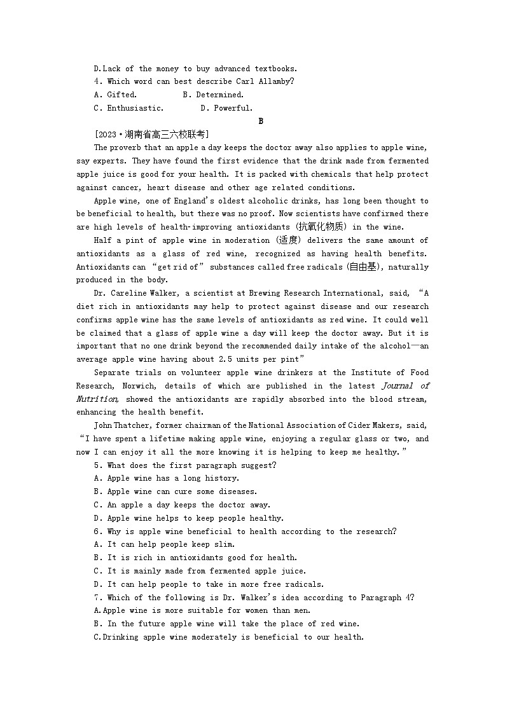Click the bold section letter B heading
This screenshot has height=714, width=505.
click(x=261, y=121)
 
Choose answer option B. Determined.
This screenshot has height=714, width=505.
click(x=213, y=95)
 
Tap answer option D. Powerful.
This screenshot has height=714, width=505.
click(x=226, y=108)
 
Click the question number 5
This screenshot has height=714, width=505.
click(x=97, y=465)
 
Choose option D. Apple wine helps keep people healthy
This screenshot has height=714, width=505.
click(x=189, y=518)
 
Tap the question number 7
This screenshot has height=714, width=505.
click(x=97, y=598)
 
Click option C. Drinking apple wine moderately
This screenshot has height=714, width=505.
click(x=229, y=637)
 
